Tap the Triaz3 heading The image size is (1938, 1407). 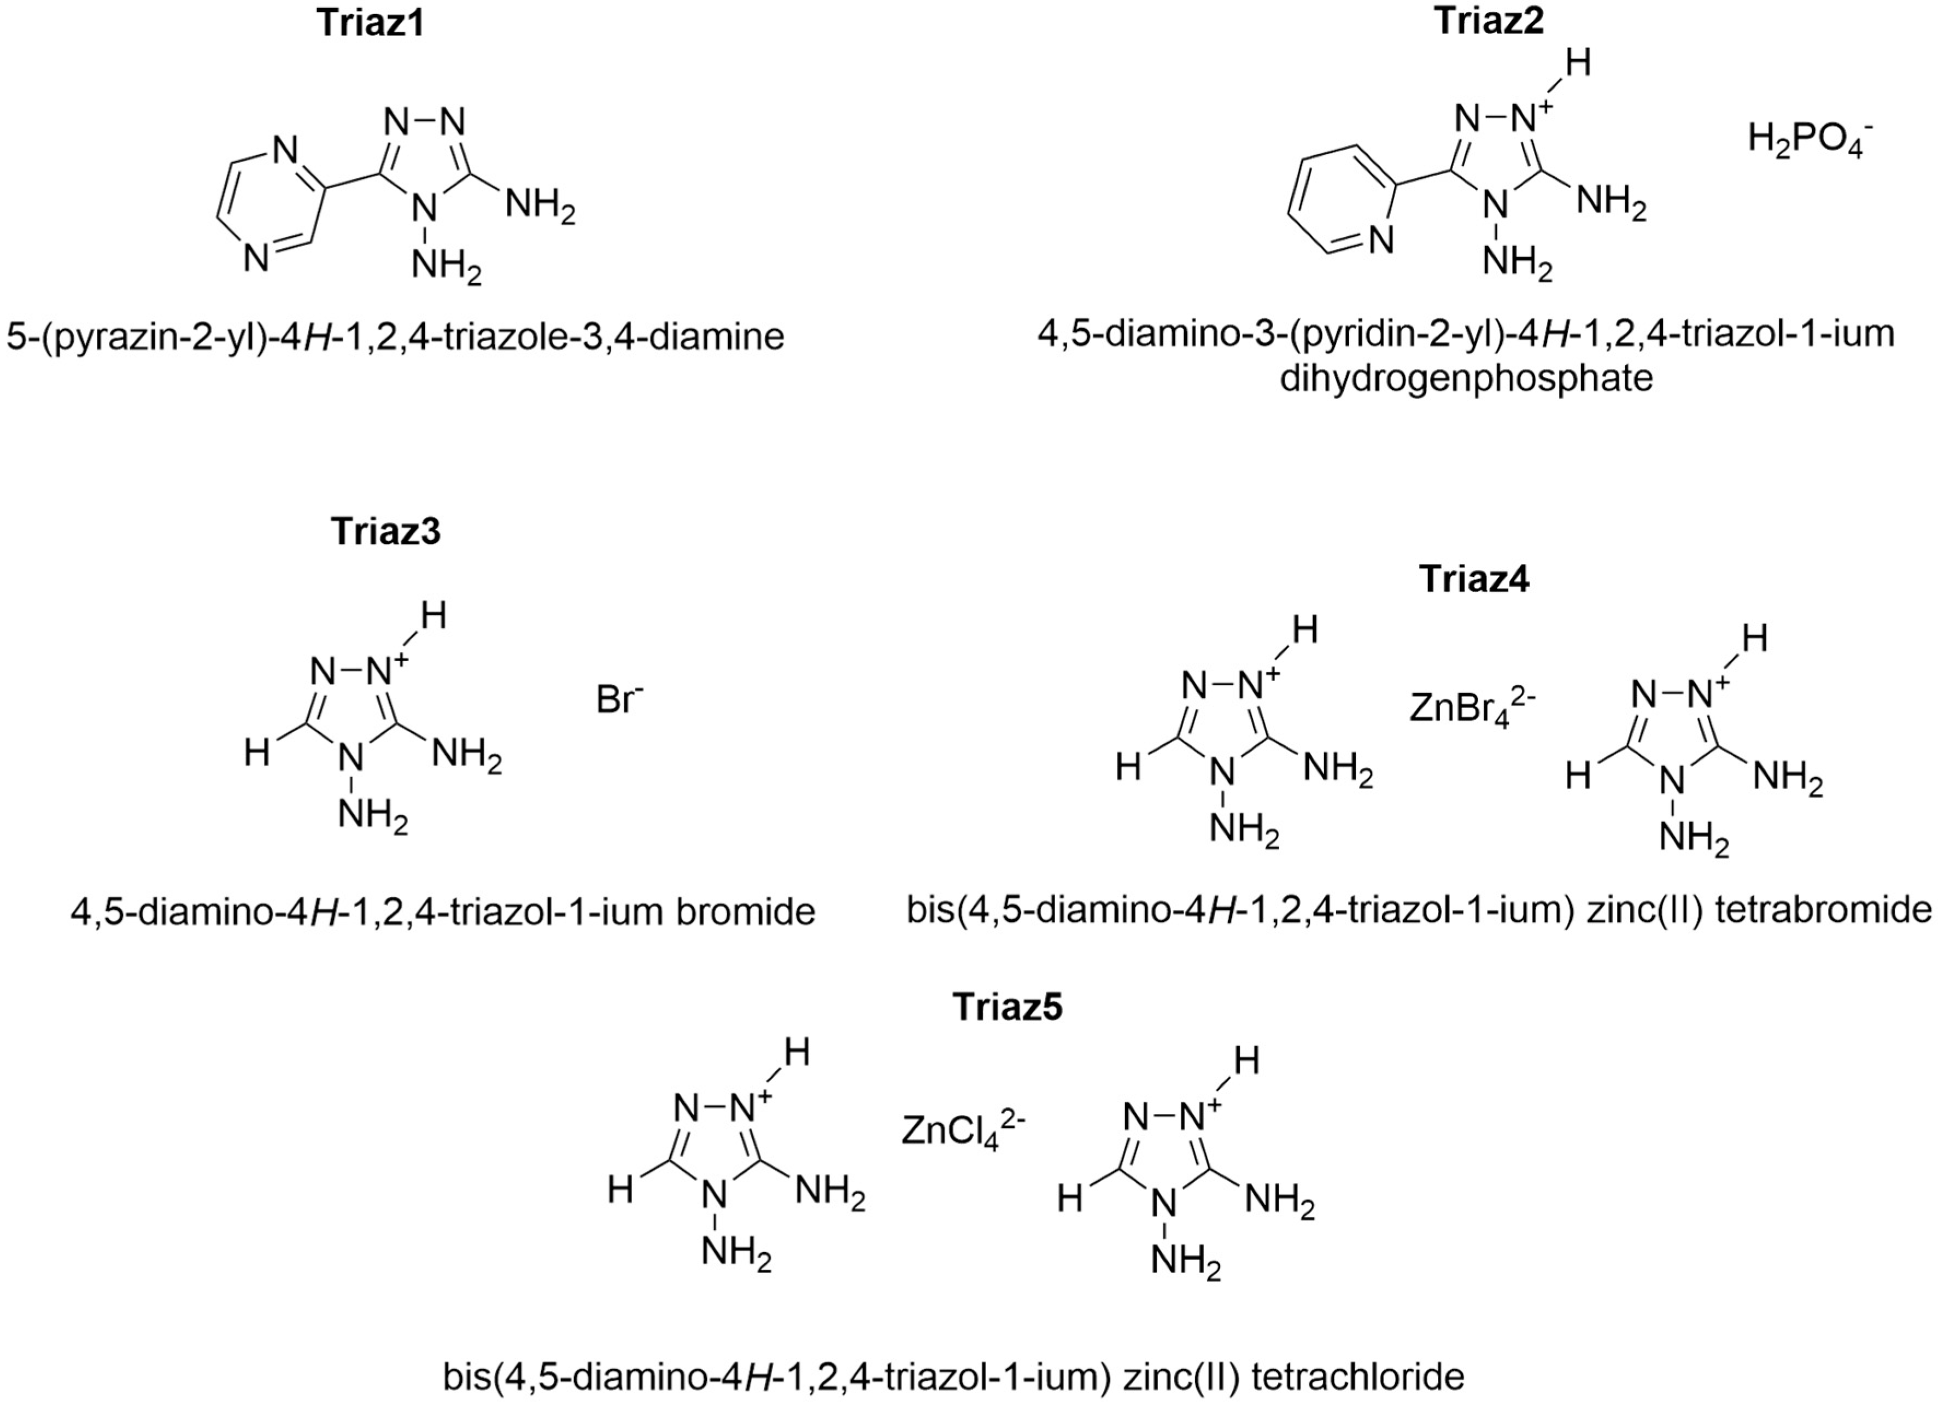[x=385, y=531]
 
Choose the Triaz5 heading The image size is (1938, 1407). [x=1008, y=1007]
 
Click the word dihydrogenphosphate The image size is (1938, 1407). [x=1466, y=378]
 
